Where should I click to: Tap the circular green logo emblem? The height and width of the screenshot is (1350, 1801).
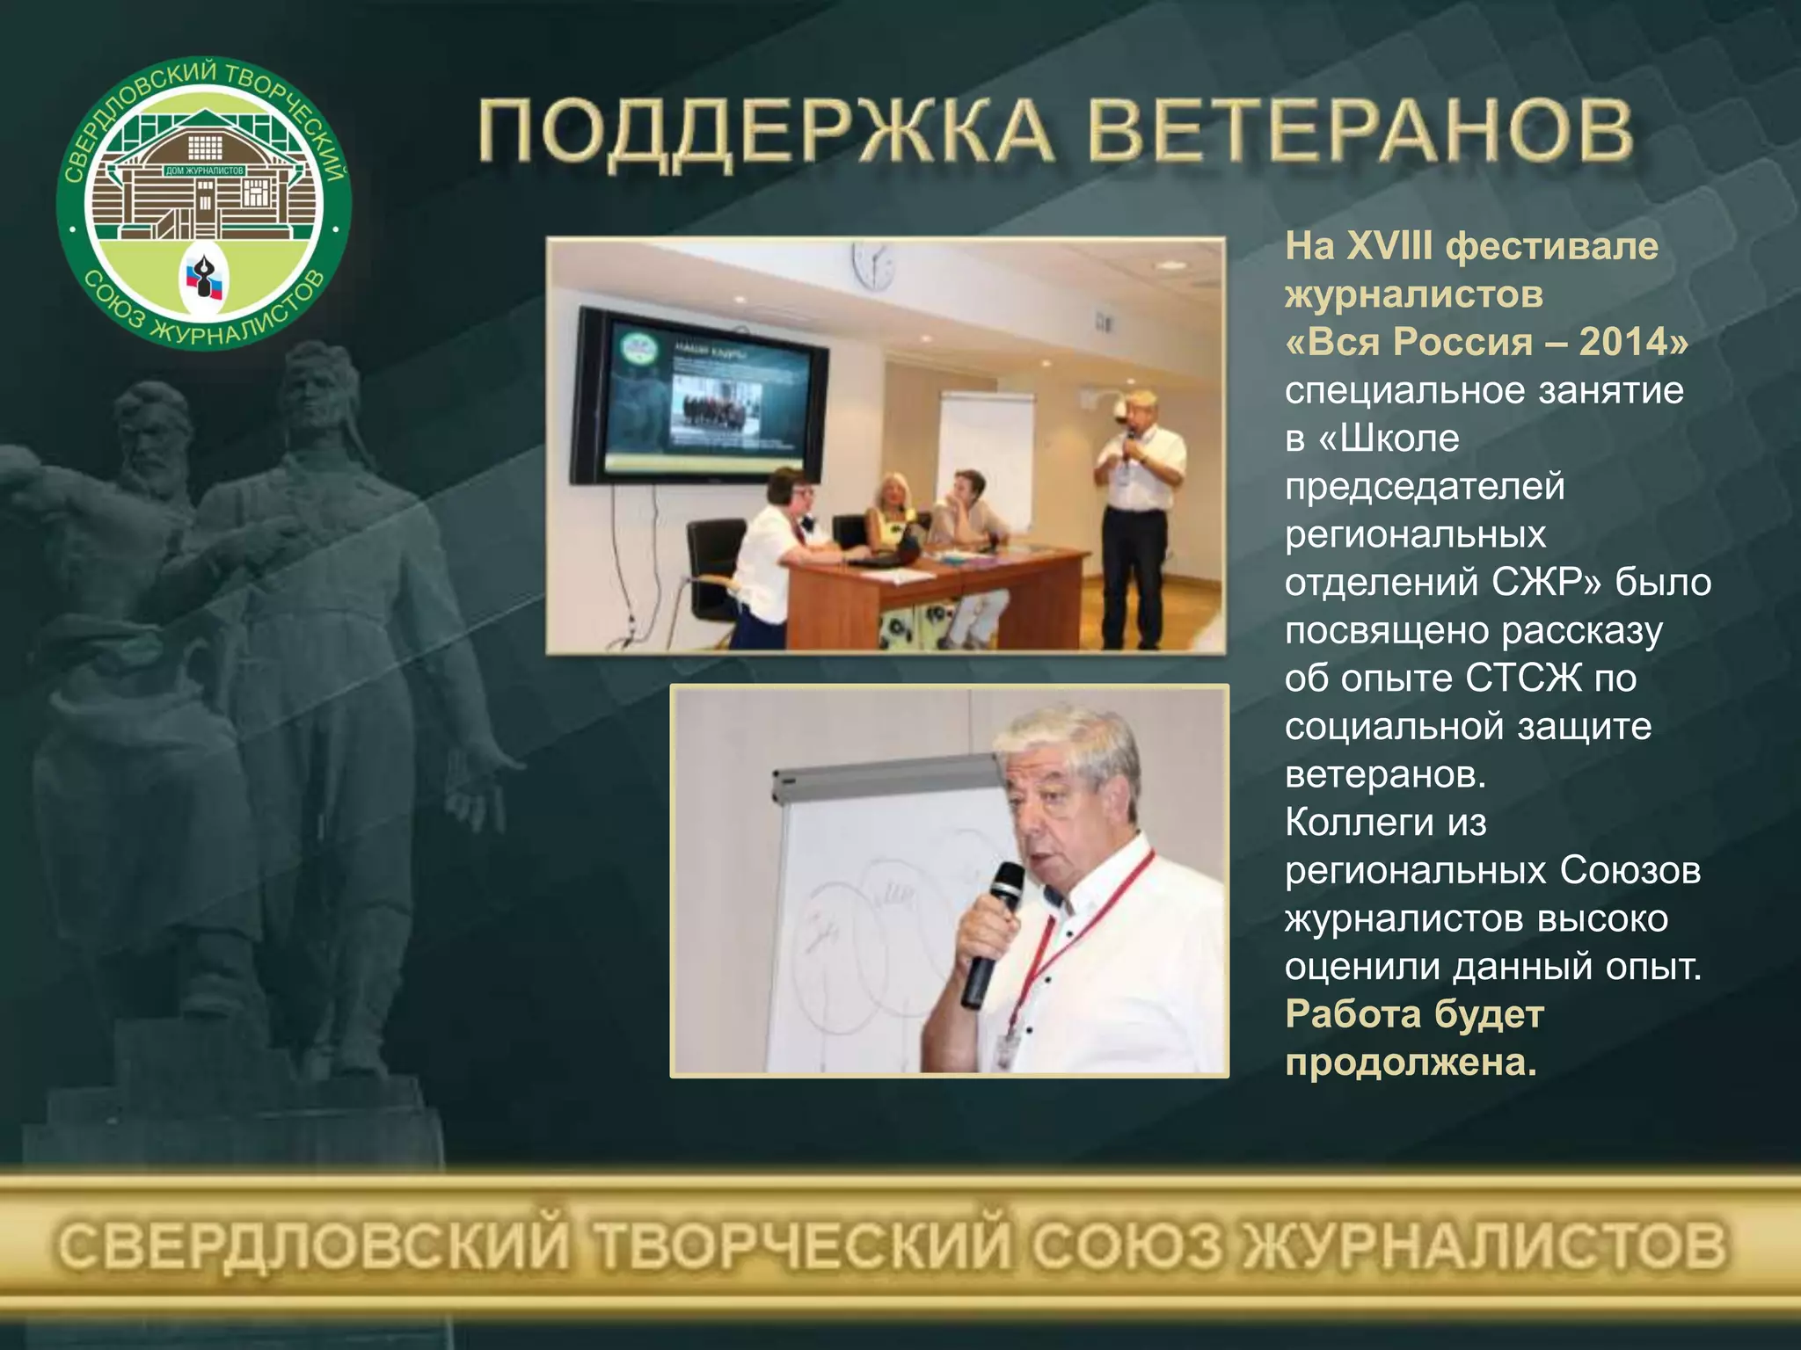click(204, 204)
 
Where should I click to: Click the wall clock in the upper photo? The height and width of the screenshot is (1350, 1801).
click(873, 265)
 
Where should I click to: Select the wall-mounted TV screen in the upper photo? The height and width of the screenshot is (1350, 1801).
click(699, 400)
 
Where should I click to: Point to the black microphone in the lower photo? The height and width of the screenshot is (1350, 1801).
click(994, 932)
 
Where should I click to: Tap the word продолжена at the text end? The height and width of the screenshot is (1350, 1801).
click(1410, 1063)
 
